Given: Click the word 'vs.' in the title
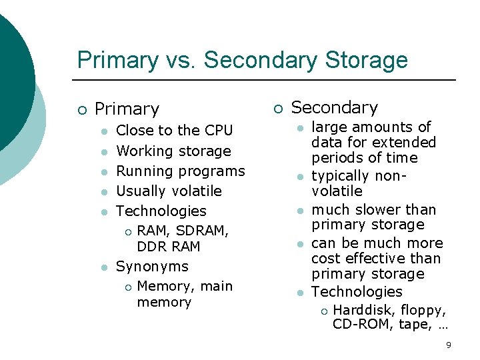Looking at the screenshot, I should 180,60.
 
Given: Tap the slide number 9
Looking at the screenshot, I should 449,345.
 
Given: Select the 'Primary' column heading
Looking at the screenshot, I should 127,109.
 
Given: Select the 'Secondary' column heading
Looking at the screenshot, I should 335,107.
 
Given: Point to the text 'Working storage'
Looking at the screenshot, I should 173,151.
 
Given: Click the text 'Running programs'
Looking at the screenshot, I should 181,171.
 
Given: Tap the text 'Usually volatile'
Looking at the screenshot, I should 169,191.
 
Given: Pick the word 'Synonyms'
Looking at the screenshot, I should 152,267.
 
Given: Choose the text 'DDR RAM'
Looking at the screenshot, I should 168,246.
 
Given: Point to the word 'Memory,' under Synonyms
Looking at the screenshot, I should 161,287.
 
